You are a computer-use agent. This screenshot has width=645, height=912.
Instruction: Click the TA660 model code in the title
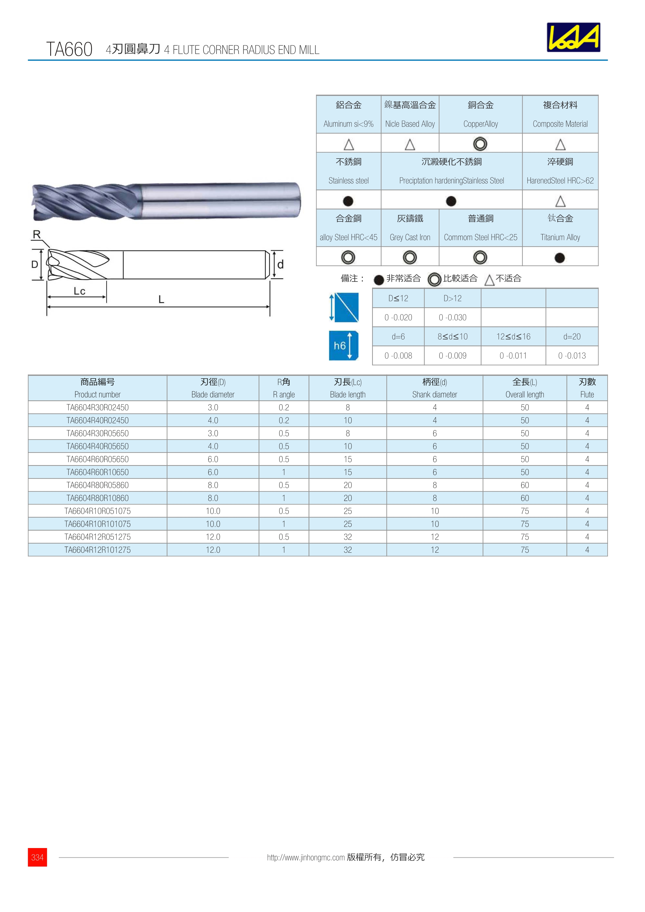pyautogui.click(x=69, y=49)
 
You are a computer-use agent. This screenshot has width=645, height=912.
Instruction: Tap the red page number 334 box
pyautogui.click(x=37, y=857)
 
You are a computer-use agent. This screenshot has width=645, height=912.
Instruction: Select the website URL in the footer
pyautogui.click(x=306, y=857)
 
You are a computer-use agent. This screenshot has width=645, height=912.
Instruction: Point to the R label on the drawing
pyautogui.click(x=37, y=234)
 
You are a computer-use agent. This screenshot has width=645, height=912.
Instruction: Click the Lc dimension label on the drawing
pyautogui.click(x=79, y=291)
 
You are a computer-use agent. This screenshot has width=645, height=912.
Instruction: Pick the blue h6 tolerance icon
pyautogui.click(x=343, y=346)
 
